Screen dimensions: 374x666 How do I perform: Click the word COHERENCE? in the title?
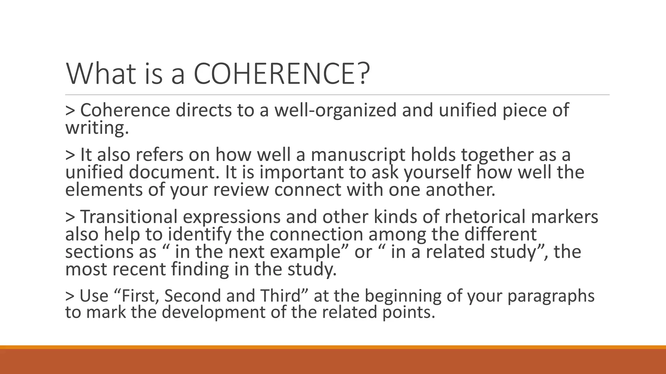282,74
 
